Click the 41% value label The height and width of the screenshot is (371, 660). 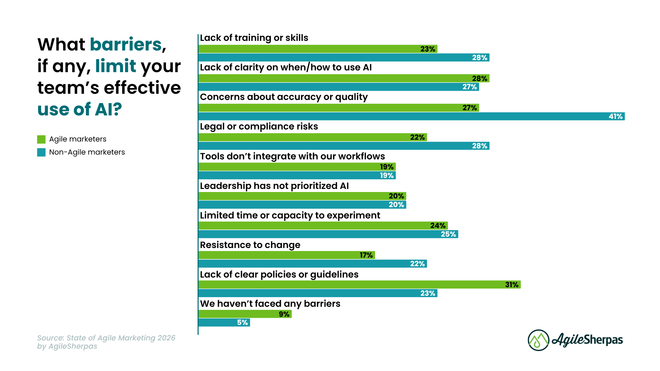pyautogui.click(x=615, y=116)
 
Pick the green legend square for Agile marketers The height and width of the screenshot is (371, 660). pyautogui.click(x=41, y=139)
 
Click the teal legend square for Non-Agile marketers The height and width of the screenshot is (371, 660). pyautogui.click(x=41, y=152)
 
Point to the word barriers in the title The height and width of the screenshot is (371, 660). pyautogui.click(x=126, y=45)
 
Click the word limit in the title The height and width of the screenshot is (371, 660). pyautogui.click(x=115, y=66)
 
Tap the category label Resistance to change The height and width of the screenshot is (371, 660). pyautogui.click(x=250, y=245)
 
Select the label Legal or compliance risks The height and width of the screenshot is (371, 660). pyautogui.click(x=259, y=126)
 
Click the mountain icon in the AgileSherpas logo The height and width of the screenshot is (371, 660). pyautogui.click(x=538, y=340)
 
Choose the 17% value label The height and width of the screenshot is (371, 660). pyautogui.click(x=366, y=255)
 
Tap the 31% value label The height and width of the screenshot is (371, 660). pyautogui.click(x=511, y=285)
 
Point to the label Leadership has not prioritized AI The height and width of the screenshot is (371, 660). pyautogui.click(x=274, y=186)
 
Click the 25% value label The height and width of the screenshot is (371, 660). pyautogui.click(x=448, y=234)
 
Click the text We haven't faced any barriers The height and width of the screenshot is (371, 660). pyautogui.click(x=270, y=304)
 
